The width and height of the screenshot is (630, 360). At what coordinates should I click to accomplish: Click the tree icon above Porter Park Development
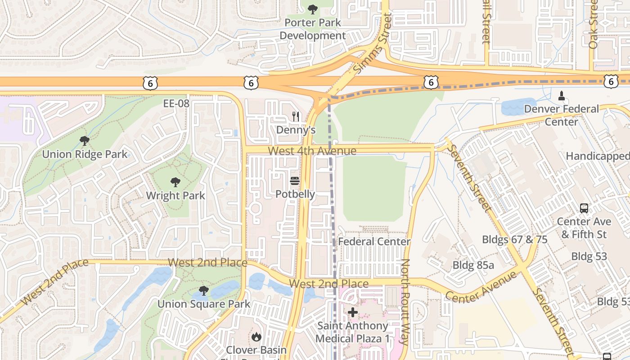tap(312, 9)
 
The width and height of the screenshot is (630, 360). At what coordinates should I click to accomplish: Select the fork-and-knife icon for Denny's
tap(296, 117)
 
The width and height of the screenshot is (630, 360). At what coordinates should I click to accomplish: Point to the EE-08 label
tap(176, 103)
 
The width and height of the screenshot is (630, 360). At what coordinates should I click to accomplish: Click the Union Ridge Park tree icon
tap(84, 141)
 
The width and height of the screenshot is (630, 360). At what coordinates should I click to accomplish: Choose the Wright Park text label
tap(175, 196)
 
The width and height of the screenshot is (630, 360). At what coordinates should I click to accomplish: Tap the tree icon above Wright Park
tap(175, 182)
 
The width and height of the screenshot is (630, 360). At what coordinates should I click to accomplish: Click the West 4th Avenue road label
tap(312, 151)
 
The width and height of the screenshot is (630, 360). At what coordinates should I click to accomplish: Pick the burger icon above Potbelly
tap(295, 181)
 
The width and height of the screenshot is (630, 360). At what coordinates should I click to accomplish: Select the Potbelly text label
tap(295, 194)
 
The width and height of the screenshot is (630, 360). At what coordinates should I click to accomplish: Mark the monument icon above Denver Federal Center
tap(561, 95)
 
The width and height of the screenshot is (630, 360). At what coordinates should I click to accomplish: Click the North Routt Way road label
tap(405, 301)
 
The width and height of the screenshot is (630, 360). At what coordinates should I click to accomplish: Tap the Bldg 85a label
tap(473, 265)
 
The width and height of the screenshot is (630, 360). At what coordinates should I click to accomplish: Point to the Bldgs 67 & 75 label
tap(515, 239)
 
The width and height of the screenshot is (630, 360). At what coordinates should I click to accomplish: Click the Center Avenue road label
tap(481, 287)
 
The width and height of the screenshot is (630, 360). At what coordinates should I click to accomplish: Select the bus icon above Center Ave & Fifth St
tap(584, 208)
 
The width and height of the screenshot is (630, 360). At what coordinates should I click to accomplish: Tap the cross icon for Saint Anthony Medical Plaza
tap(353, 312)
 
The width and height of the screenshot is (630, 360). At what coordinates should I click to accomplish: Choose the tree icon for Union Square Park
tap(204, 291)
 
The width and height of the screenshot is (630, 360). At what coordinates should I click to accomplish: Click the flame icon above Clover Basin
tap(256, 337)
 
